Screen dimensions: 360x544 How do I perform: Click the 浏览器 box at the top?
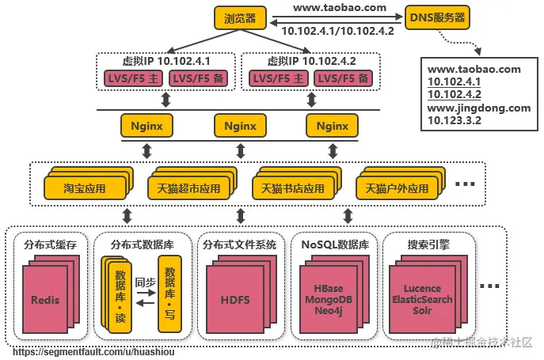pyautogui.click(x=239, y=17)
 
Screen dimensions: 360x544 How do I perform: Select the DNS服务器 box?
pyautogui.click(x=437, y=17)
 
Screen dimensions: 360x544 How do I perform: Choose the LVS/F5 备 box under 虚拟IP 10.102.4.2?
pyautogui.click(x=342, y=78)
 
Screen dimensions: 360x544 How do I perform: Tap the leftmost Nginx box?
pyautogui.click(x=146, y=125)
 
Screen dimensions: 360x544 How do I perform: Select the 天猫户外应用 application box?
pyautogui.click(x=396, y=190)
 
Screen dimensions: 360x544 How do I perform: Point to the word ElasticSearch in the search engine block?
pyautogui.click(x=422, y=300)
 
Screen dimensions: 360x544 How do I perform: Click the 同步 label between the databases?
pyautogui.click(x=145, y=281)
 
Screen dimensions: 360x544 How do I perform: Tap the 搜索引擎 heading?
pyautogui.click(x=428, y=244)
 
